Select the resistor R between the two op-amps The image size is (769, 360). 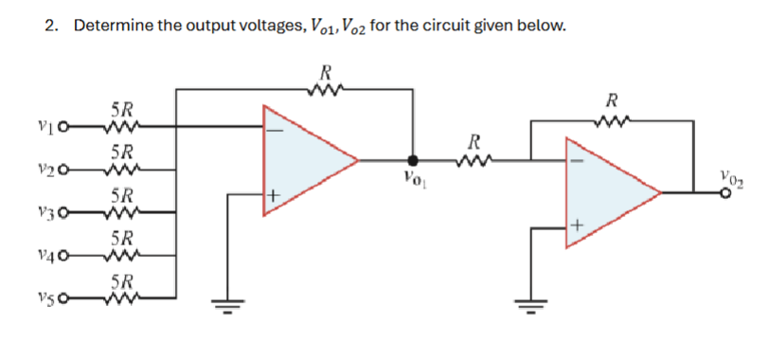(471, 161)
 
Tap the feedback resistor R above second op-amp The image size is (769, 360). (613, 119)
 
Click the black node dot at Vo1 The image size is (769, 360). (410, 161)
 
